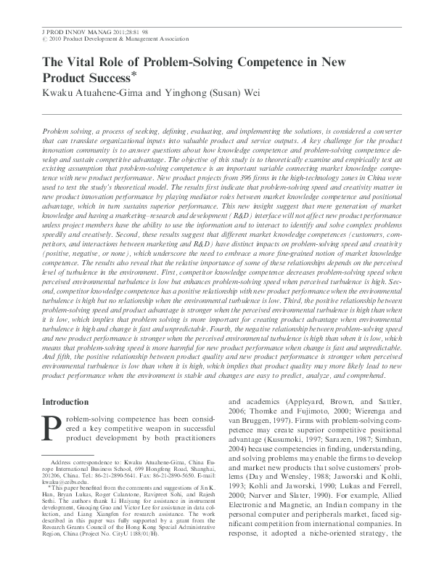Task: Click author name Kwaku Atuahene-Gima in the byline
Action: pyautogui.click(x=84, y=92)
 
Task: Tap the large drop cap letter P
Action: pyautogui.click(x=52, y=429)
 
